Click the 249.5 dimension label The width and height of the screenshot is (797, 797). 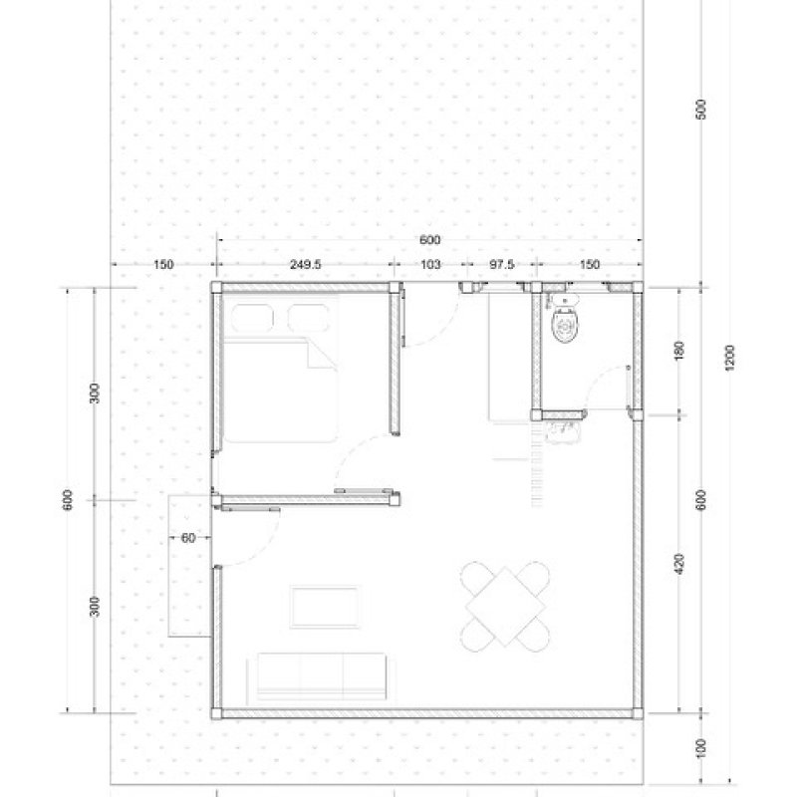(306, 264)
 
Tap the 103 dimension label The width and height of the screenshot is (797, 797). (430, 264)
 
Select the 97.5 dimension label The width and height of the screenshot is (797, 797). (502, 264)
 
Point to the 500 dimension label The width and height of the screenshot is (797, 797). (700, 110)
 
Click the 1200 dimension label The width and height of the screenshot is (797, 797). (729, 358)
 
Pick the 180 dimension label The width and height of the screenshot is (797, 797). (679, 351)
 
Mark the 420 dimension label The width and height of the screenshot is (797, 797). (679, 564)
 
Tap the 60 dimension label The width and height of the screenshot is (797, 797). (188, 538)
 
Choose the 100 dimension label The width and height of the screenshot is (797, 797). (700, 748)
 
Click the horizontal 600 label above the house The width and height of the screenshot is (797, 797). (430, 240)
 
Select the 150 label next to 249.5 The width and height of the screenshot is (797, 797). (163, 264)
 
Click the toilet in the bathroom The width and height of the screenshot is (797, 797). (565, 321)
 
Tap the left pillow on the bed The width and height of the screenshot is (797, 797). (252, 319)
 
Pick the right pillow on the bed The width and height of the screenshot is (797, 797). (309, 319)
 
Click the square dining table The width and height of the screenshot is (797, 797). (505, 607)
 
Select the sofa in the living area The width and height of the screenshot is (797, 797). (321, 676)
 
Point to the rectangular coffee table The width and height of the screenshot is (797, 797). (326, 607)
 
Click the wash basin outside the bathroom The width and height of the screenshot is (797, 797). (563, 431)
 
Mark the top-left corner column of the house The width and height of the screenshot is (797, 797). (216, 287)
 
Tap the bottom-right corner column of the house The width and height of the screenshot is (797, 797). (637, 713)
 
